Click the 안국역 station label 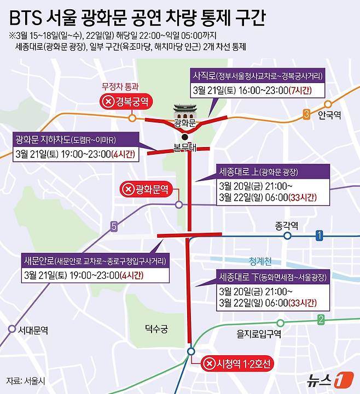(x=330, y=115)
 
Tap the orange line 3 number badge (x=306, y=114)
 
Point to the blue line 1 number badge (x=320, y=236)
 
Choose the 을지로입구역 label (x=259, y=333)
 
